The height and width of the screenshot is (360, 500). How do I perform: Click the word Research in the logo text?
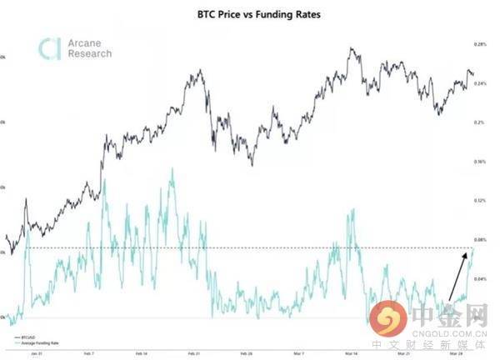90,54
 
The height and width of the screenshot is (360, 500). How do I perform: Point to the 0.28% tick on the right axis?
479,43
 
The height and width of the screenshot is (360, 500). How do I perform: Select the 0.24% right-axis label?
479,82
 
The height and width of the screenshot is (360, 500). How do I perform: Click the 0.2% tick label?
478,122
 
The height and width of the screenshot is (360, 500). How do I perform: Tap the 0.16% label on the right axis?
479,161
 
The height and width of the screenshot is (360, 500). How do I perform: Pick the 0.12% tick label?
479,200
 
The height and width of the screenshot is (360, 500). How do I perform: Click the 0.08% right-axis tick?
479,239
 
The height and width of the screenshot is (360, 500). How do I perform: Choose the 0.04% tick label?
479,278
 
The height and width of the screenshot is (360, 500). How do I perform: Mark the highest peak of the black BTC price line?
353,48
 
